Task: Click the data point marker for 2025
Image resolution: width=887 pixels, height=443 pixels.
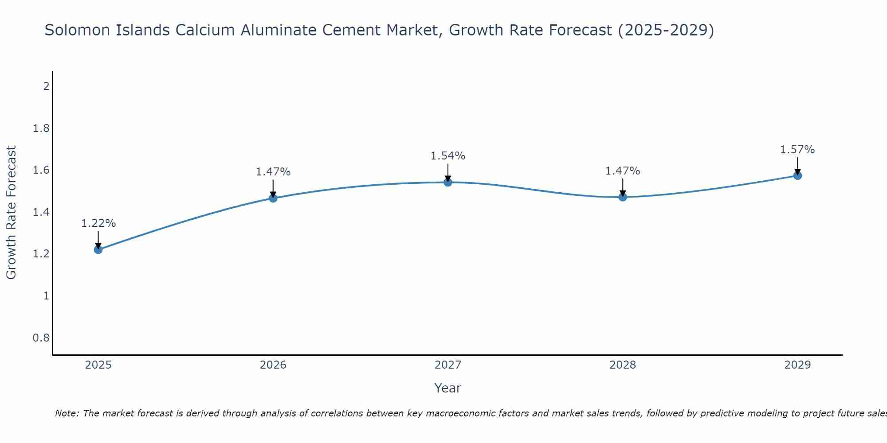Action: coord(98,249)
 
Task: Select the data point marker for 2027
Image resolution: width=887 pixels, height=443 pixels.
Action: coord(448,182)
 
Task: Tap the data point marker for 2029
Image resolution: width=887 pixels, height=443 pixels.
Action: coord(797,175)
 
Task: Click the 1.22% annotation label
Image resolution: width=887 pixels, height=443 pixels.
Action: coord(98,223)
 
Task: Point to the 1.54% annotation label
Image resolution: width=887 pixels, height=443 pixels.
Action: coord(448,156)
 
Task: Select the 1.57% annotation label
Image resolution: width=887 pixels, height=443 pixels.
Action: coord(797,150)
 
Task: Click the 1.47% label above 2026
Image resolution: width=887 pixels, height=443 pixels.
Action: coord(273,172)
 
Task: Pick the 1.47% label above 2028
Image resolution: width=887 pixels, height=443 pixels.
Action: coord(623,171)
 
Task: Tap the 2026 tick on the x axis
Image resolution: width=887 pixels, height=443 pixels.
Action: coord(273,365)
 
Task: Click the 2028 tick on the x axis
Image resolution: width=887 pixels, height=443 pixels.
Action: coord(623,365)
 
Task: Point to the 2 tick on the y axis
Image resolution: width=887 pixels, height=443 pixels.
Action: coord(46,86)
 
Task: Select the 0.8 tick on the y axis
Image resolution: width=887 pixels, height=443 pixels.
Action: coord(41,338)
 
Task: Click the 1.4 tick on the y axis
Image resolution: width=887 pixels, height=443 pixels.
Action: coord(41,212)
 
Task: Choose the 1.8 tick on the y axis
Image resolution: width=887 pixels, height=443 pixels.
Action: coord(41,128)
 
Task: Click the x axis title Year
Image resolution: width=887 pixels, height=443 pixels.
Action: coord(448,388)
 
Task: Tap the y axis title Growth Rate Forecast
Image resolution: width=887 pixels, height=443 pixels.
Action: coord(12,213)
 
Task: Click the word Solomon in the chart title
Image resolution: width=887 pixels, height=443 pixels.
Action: coord(75,30)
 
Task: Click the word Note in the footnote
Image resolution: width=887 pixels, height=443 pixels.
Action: coord(67,413)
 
